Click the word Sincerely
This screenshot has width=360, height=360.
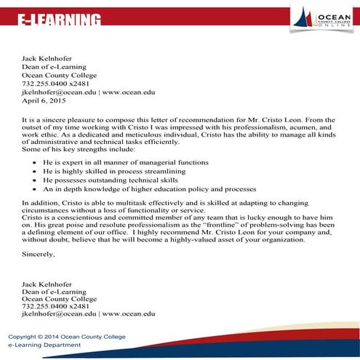39,255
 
